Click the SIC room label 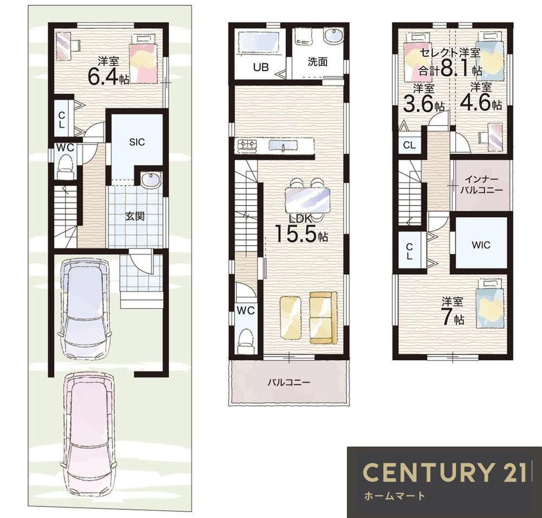click(137, 142)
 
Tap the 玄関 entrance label click(134, 217)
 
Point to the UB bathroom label click(261, 67)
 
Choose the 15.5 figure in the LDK click(296, 233)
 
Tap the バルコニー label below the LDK click(289, 382)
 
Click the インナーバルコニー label click(481, 185)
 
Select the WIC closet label click(481, 245)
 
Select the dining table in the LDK click(307, 200)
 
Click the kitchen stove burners click(246, 145)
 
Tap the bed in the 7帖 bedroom click(490, 304)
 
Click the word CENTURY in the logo click(428, 472)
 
